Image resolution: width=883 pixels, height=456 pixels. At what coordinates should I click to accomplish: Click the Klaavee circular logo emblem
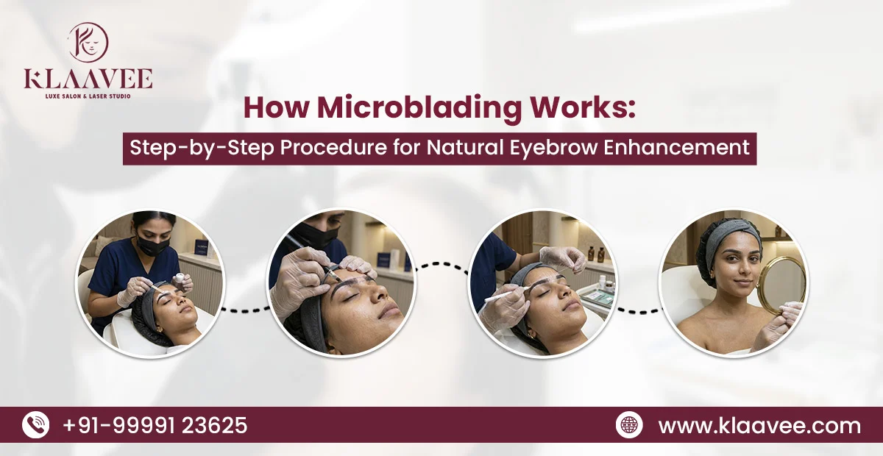[x=88, y=42]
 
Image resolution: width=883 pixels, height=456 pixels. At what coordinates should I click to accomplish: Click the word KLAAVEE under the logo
[x=88, y=79]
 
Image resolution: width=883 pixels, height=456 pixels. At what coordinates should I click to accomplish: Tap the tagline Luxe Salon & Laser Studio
[x=88, y=96]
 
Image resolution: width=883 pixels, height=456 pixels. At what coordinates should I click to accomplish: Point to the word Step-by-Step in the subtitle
[x=192, y=146]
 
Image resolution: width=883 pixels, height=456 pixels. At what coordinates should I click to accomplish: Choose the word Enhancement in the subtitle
[x=677, y=146]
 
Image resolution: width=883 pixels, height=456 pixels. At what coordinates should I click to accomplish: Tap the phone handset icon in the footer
[x=35, y=425]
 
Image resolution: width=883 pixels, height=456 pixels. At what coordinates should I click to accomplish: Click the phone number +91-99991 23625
[x=155, y=425]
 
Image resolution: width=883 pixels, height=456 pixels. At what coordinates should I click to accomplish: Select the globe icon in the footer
[x=629, y=426]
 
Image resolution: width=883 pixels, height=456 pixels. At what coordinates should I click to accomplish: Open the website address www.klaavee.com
[x=759, y=426]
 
